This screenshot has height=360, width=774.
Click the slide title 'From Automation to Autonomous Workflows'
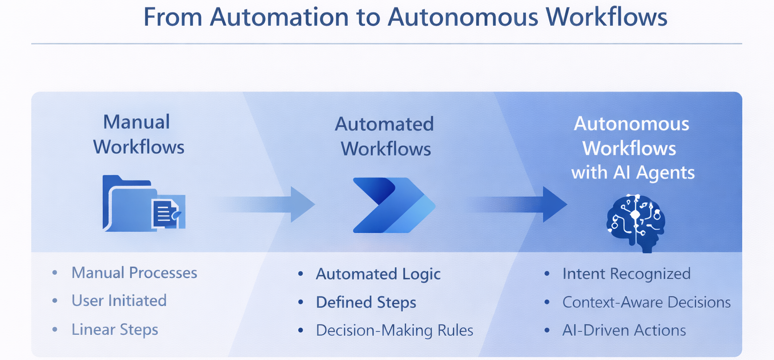(405, 17)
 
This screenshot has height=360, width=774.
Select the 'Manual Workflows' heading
(139, 134)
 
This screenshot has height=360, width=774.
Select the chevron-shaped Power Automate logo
(394, 205)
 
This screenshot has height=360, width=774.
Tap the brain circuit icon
(635, 222)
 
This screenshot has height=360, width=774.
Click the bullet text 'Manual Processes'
(134, 273)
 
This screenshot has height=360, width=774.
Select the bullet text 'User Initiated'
(119, 301)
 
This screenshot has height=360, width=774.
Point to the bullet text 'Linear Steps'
(115, 330)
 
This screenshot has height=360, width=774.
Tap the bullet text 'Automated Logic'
(378, 274)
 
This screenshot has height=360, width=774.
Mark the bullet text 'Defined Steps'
(366, 303)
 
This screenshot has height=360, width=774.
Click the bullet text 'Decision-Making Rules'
(395, 330)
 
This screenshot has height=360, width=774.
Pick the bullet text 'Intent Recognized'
(626, 274)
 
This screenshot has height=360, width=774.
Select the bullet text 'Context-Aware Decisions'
(647, 302)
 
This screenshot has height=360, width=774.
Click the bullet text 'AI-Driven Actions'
(624, 330)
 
